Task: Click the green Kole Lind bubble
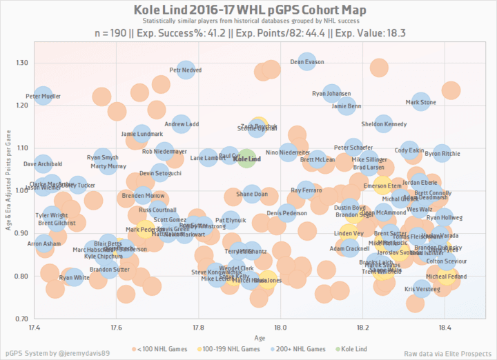click(x=247, y=158)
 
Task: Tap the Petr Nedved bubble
click(x=186, y=70)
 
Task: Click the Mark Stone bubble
click(x=421, y=103)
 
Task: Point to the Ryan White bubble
click(x=74, y=278)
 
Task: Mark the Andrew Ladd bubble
click(x=182, y=125)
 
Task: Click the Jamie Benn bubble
click(x=347, y=106)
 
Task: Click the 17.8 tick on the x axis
click(x=199, y=330)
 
